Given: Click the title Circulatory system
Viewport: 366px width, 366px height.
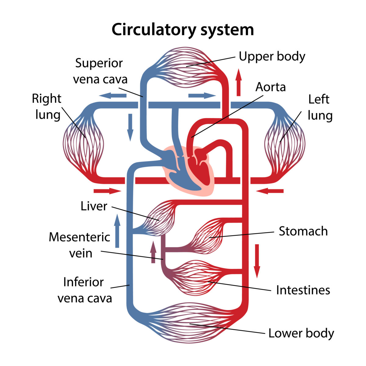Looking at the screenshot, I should point(183,30).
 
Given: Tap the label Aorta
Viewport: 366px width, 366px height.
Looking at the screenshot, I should point(271,87).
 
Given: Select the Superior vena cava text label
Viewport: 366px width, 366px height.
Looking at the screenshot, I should point(100,71).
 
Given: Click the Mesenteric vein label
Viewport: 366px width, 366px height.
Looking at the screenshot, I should point(80,245).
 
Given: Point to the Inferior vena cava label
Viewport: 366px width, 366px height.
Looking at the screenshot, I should point(84,290).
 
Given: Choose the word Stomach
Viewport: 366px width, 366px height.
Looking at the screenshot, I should point(303,231).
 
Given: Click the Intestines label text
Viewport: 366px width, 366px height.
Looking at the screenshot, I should point(303,290).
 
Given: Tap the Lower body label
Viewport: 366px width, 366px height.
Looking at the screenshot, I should point(301,333).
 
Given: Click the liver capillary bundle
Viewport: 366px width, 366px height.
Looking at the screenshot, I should point(160,218).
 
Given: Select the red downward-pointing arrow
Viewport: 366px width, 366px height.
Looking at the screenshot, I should point(257,261).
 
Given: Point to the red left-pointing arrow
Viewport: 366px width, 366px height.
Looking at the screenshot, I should point(270,191).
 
